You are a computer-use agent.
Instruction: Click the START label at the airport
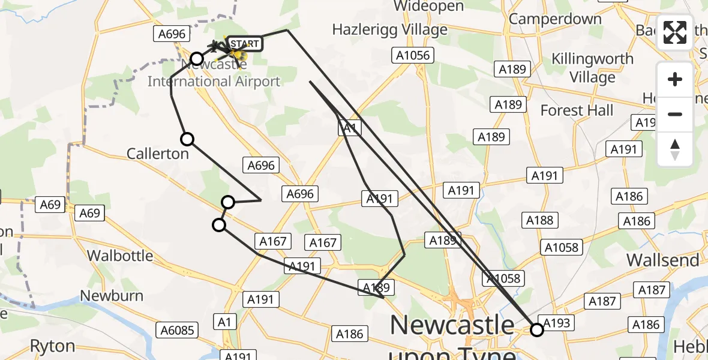[x=244, y=44]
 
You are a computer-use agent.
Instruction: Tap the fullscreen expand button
[x=675, y=32]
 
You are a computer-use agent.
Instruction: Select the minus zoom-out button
[x=675, y=114]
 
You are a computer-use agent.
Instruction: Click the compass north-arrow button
[x=675, y=149]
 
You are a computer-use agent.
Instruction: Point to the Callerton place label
[x=158, y=154]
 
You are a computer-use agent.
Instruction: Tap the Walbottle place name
[x=120, y=256]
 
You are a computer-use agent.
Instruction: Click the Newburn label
[x=112, y=296]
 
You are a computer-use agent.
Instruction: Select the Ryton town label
[x=52, y=346]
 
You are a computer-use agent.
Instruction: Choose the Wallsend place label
[x=663, y=260]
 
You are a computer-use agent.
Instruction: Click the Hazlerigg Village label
[x=390, y=29]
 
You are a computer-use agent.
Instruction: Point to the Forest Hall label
[x=577, y=110]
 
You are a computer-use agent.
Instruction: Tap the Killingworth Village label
[x=593, y=68]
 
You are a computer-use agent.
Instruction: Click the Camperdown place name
[x=555, y=19]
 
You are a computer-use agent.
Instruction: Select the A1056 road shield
[x=413, y=56]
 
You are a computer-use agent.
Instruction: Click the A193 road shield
[x=556, y=323]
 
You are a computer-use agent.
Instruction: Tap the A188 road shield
[x=539, y=220]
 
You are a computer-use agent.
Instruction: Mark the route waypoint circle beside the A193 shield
[x=536, y=329]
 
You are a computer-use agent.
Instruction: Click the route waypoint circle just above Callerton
[x=187, y=139]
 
